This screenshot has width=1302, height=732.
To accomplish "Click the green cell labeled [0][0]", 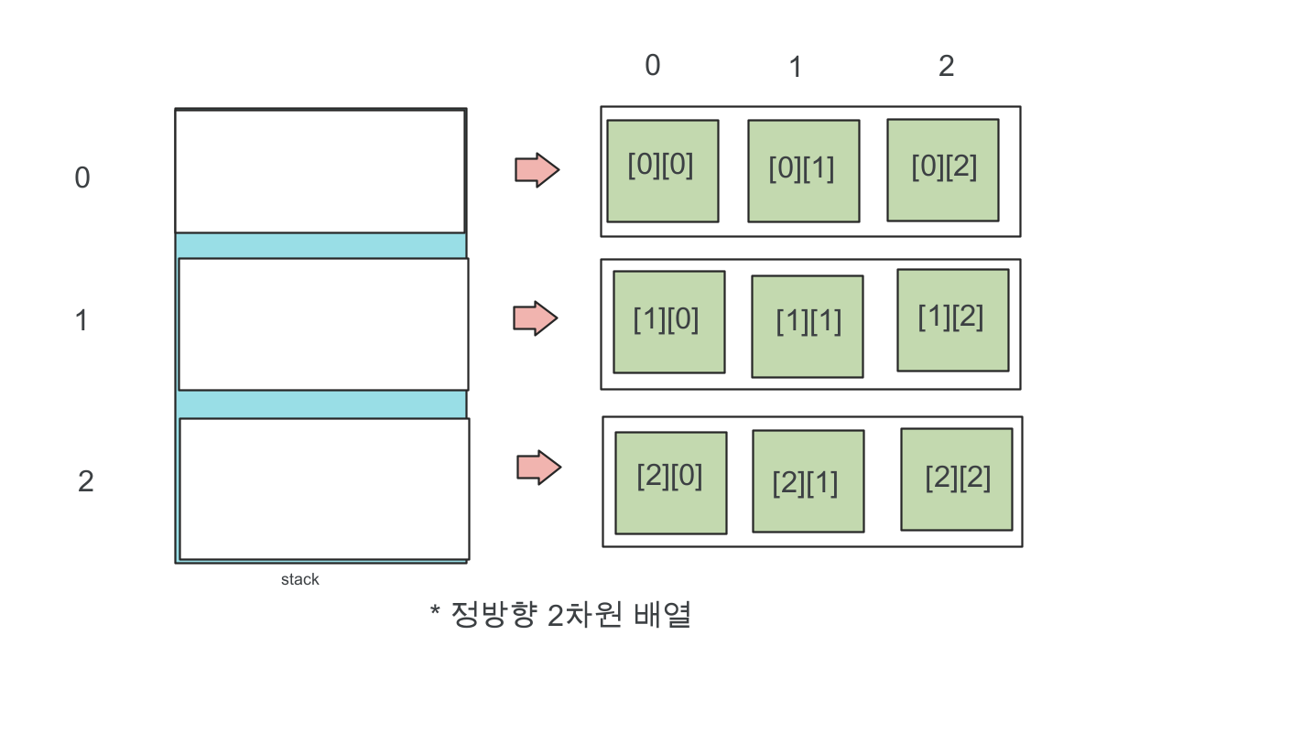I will pos(662,171).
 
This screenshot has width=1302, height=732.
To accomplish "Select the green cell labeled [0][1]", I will pos(803,171).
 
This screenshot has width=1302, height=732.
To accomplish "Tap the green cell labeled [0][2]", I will pos(942,170).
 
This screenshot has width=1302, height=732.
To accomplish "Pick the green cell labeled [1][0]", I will pos(668,322).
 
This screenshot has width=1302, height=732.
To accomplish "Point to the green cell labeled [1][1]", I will pos(807,327).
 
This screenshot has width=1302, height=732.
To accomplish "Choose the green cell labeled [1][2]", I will pos(952,320).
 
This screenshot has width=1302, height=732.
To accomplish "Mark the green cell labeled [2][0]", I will pos(670,483).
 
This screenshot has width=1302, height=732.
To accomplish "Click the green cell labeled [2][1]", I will pos(808,481).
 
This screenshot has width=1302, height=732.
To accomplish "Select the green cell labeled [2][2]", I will pos(956,479).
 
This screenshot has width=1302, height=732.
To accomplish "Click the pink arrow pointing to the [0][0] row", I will pos(537,170).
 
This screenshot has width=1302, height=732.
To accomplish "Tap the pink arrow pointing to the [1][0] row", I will pos(535,318).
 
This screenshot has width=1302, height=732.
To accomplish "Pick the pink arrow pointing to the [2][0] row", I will pos(538,468).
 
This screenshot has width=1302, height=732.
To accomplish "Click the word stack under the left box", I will pos(300,579).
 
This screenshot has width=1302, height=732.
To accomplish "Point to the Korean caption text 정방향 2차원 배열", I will pos(571,615).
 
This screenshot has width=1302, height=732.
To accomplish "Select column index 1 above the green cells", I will pos(796,67).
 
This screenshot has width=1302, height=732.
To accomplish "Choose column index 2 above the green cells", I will pos(946,66).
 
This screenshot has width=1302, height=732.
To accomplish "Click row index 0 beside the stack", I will pos(82,178).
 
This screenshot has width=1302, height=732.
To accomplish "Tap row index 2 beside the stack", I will pos(85,481).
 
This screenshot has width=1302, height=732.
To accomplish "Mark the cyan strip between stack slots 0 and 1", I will pos(320,245).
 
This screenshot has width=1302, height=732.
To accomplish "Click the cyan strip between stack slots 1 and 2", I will pos(320,404).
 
